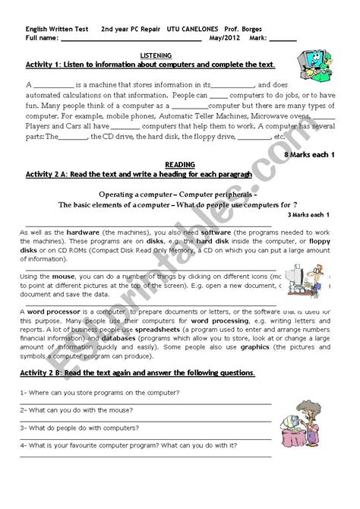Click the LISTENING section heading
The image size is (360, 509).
click(156, 56)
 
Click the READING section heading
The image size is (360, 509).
click(180, 164)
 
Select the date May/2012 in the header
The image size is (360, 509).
click(226, 38)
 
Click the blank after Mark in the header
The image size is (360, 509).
click(283, 39)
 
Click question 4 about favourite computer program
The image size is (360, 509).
click(125, 444)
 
